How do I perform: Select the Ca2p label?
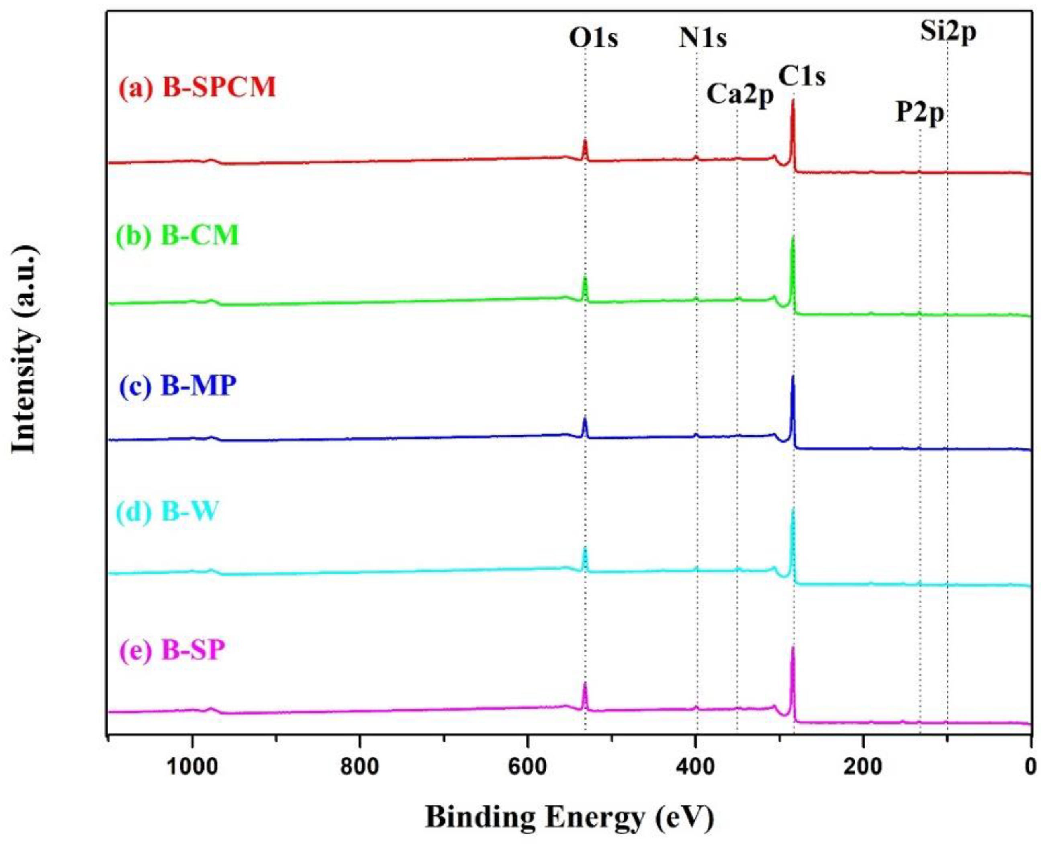click(740, 95)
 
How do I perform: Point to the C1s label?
click(802, 77)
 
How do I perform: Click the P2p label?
click(920, 113)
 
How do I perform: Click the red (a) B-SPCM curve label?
click(197, 88)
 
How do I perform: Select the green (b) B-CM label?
click(178, 236)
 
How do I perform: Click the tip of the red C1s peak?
click(793, 100)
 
